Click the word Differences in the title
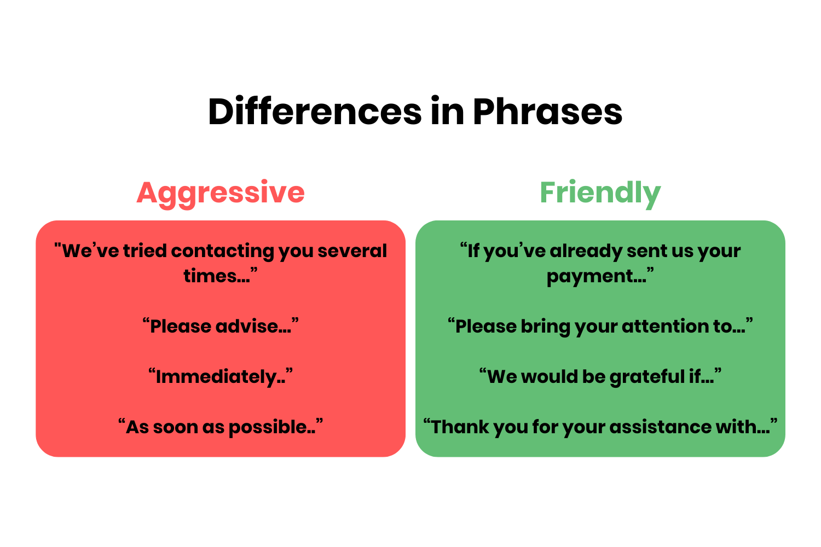(315, 112)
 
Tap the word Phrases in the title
(547, 112)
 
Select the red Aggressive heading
(221, 193)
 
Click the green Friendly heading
(600, 193)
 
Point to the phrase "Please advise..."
(221, 327)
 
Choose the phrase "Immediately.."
(221, 377)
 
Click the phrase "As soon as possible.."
(221, 427)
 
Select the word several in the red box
(352, 251)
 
